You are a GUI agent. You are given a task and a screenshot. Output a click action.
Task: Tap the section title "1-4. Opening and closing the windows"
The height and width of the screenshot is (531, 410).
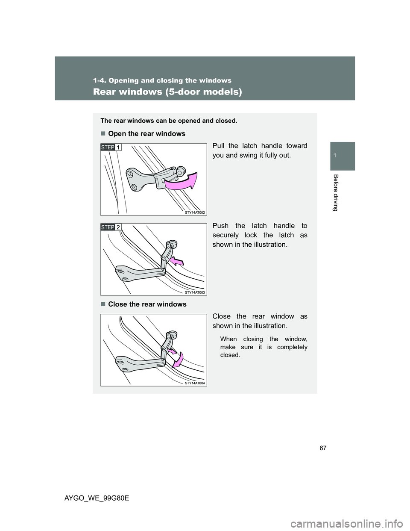point(162,80)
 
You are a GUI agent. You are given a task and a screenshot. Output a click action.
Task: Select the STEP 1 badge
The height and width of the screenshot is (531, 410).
point(111,147)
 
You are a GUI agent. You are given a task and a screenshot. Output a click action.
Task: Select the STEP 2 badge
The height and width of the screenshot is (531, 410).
point(111,227)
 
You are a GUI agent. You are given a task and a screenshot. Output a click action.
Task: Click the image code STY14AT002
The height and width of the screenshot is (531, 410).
point(195,212)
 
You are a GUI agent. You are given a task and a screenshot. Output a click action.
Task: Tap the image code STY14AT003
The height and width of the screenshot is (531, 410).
point(195,292)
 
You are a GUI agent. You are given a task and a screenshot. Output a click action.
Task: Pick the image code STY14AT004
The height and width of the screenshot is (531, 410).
point(195,383)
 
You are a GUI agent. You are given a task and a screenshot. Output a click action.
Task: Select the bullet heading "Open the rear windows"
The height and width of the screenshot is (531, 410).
point(146,134)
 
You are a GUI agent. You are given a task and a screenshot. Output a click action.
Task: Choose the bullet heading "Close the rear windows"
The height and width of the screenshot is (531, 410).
point(147,304)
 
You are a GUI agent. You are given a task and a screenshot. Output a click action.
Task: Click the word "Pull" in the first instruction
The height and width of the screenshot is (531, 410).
point(218,146)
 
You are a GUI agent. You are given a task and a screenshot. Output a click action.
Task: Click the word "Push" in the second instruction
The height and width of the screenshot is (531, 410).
point(220,226)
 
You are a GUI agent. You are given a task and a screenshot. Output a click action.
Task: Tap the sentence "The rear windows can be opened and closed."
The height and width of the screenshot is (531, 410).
point(169,121)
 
